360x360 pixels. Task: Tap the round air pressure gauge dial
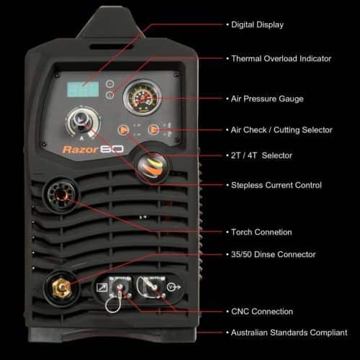(141, 99)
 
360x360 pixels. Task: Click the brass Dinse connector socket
(63, 288)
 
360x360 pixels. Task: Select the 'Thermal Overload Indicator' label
(279, 58)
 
